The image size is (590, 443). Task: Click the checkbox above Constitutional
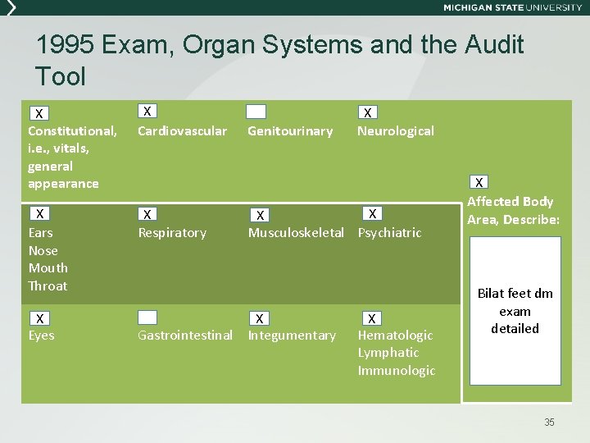tap(39, 113)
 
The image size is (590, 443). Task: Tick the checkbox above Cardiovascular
tap(147, 111)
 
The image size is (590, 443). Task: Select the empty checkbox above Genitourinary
tap(256, 112)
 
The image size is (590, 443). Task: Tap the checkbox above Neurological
tap(368, 112)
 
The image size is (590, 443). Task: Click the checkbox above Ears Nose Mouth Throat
tap(39, 214)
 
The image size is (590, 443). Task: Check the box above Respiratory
tap(147, 215)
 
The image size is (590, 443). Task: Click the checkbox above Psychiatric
tap(372, 214)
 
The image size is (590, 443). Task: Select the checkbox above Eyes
tap(39, 318)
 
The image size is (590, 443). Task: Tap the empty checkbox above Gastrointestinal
tap(147, 317)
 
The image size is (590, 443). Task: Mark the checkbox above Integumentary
tap(259, 318)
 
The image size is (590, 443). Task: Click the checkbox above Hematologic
tap(371, 318)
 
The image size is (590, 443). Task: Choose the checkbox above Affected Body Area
tap(480, 182)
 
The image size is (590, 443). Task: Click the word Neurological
tap(396, 131)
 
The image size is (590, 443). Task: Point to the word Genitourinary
tap(290, 131)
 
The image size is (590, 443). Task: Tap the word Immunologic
tap(397, 371)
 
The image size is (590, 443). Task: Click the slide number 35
tap(549, 422)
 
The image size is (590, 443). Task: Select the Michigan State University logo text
tap(512, 7)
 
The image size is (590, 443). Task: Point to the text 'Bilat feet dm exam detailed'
tap(515, 311)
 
